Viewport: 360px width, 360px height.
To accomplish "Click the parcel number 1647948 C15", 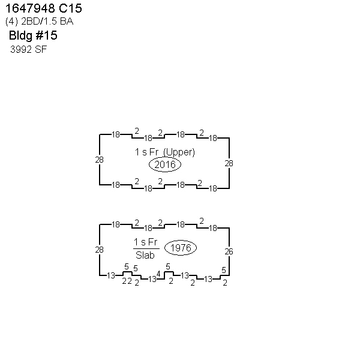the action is pyautogui.click(x=44, y=8).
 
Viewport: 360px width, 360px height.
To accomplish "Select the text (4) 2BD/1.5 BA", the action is pyautogui.click(x=39, y=22).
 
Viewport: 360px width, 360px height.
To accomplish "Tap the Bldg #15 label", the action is pyautogui.click(x=33, y=35).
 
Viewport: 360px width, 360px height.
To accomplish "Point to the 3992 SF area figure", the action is pyautogui.click(x=28, y=49).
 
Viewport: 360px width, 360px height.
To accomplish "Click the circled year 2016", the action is pyautogui.click(x=165, y=164).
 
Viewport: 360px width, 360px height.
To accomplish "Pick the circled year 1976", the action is pyautogui.click(x=181, y=248).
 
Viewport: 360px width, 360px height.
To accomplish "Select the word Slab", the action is pyautogui.click(x=145, y=255).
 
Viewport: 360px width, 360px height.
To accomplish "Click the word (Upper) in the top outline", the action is pyautogui.click(x=179, y=152).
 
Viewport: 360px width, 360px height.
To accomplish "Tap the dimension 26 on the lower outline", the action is pyautogui.click(x=229, y=251).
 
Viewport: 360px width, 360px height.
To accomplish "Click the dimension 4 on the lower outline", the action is pyautogui.click(x=158, y=274).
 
